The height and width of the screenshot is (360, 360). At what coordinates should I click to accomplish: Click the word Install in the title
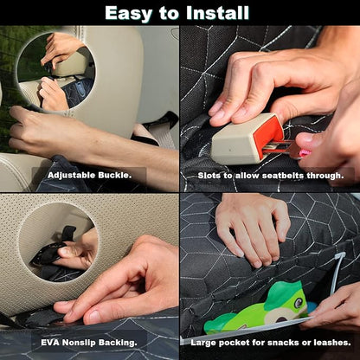point(217,13)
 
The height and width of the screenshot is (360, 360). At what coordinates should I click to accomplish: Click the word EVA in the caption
point(50,343)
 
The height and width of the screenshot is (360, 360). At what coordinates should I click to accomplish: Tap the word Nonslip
point(79,343)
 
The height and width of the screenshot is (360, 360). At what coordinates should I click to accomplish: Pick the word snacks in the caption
point(283,343)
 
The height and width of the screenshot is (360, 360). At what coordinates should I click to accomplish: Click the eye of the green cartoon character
point(298,303)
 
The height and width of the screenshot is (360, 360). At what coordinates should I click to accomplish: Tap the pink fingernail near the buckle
point(305,153)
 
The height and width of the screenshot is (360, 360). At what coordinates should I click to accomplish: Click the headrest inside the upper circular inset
point(71,64)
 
